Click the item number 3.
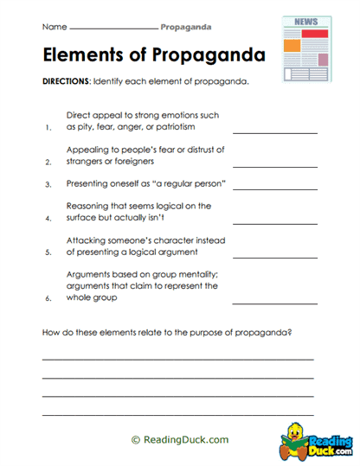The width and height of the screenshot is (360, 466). [x=48, y=184]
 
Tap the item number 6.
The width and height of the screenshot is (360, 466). [x=48, y=298]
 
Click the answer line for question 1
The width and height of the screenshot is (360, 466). [x=274, y=132]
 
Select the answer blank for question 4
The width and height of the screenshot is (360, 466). [x=274, y=220]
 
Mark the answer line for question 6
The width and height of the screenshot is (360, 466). [x=274, y=303]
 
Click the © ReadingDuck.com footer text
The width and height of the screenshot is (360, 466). [x=180, y=439]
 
